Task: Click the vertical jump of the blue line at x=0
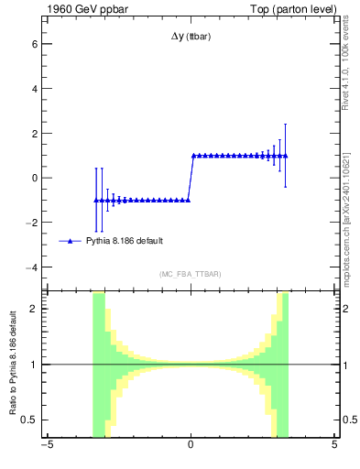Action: (x=191, y=178)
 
